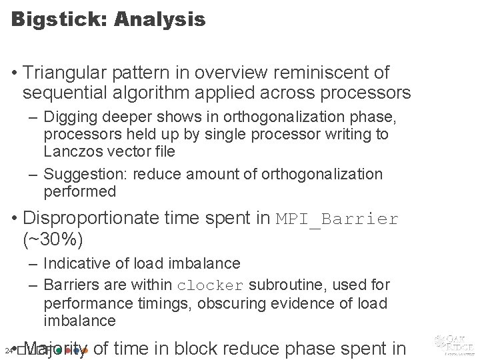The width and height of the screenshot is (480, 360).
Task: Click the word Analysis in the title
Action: pos(160,19)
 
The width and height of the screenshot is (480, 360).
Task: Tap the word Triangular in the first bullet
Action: pos(69,73)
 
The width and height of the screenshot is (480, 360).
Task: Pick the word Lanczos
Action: pos(72,151)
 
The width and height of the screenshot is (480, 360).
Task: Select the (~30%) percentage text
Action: pos(53,238)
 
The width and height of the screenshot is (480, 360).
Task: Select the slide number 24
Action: pos(7,350)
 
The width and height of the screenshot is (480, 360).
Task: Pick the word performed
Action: pos(79,192)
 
